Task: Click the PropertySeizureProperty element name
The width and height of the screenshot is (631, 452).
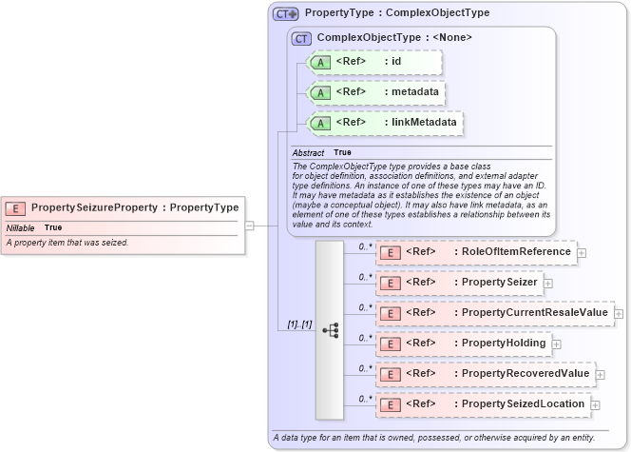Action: click(x=93, y=207)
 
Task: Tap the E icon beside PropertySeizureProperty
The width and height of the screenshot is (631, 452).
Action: click(x=16, y=207)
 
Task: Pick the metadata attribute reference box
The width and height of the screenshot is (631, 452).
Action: click(x=375, y=92)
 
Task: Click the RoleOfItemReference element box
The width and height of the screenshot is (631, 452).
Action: click(x=476, y=252)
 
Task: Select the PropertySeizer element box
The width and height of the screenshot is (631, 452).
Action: click(x=459, y=283)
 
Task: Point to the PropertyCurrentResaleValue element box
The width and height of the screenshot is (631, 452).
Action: click(x=494, y=313)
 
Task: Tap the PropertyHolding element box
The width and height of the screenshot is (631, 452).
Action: click(x=464, y=344)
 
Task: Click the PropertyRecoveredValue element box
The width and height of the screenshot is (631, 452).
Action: click(x=485, y=374)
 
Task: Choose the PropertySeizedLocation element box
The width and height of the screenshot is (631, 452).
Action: click(x=483, y=404)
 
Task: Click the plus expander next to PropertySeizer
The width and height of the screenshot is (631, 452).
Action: click(x=548, y=284)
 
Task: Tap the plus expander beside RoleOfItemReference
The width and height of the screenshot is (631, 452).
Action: click(x=582, y=253)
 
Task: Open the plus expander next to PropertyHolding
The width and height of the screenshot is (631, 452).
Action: click(x=557, y=344)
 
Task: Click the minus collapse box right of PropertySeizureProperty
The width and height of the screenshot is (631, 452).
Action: click(x=249, y=226)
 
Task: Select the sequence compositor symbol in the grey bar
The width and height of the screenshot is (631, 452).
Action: click(x=330, y=329)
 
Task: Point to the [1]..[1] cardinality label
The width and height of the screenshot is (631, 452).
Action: click(x=299, y=325)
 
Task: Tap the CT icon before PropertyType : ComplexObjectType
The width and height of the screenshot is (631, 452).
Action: click(x=285, y=14)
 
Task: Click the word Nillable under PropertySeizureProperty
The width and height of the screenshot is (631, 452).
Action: click(x=21, y=228)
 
